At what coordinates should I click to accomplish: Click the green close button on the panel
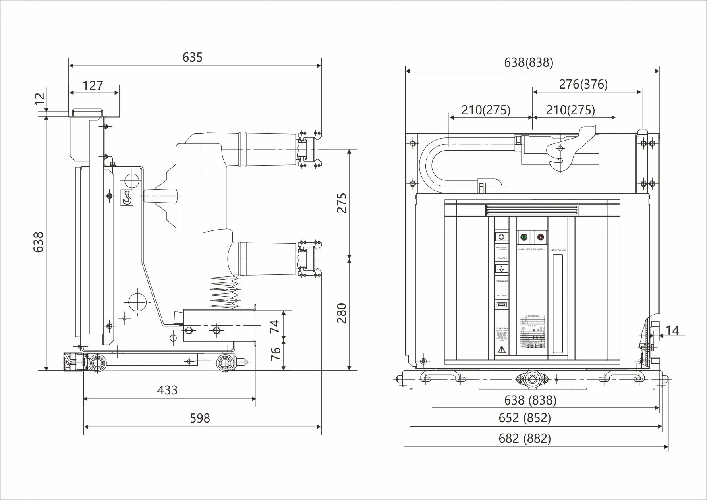point(524,237)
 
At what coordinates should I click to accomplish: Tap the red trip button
point(540,237)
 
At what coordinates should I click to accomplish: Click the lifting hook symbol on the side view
point(127,197)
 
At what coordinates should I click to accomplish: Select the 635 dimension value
point(192,58)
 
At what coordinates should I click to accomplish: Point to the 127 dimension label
point(93,85)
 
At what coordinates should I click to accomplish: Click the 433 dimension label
point(167,390)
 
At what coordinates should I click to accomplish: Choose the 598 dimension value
point(200,418)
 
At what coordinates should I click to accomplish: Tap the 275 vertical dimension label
point(342,203)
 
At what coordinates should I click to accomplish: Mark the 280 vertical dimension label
point(342,313)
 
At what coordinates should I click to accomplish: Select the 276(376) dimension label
point(583,84)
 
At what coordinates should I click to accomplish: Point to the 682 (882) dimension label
point(525,438)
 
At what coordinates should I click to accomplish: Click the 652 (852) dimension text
point(525,418)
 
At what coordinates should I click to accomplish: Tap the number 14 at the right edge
point(672,330)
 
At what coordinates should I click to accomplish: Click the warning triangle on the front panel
point(502,349)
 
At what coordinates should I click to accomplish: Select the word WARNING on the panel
point(502,328)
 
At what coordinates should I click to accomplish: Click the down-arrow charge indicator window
point(502,269)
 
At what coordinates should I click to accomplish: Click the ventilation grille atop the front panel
point(532,210)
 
